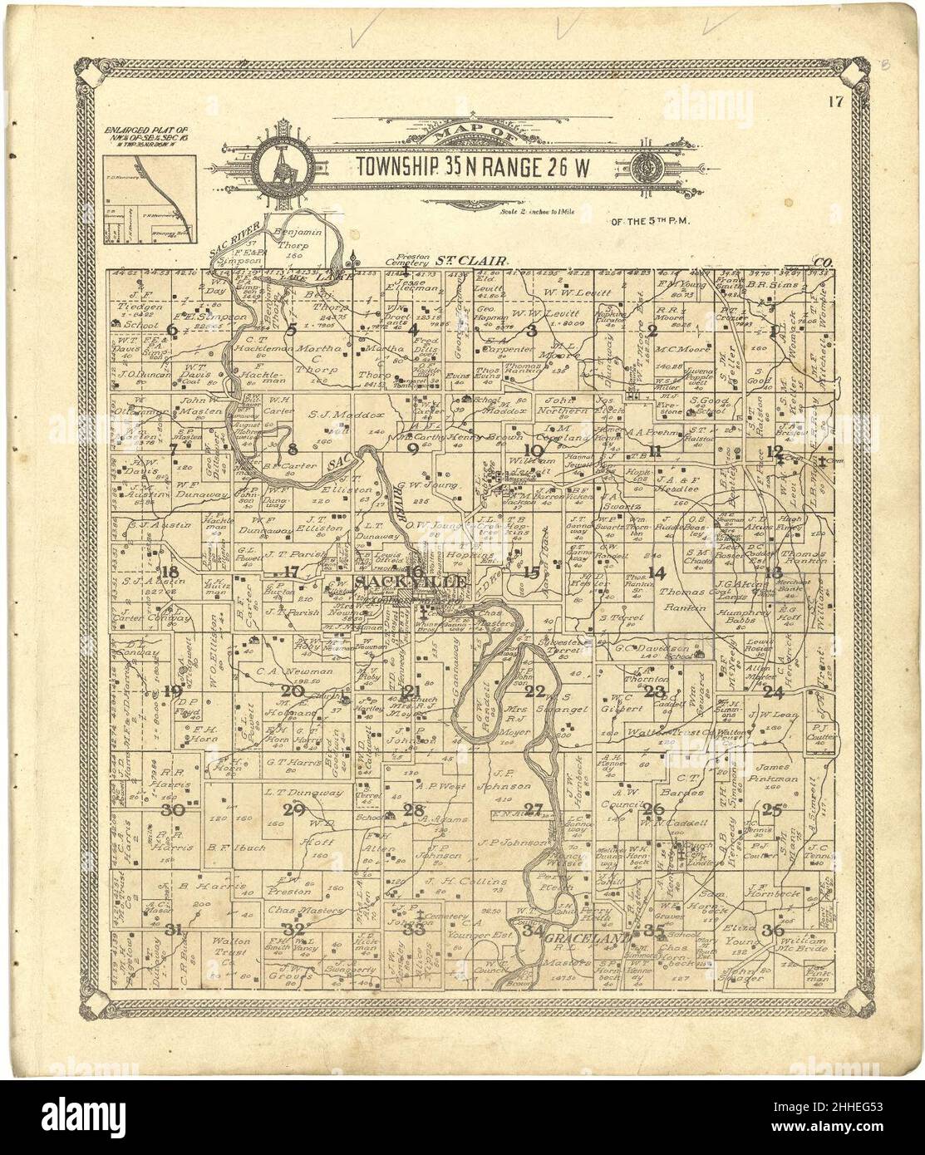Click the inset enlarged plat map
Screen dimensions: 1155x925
pos(150,189)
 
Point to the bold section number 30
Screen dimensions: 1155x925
pos(173,810)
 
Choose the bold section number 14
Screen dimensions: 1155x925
pos(657,572)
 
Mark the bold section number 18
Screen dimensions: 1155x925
pos(172,571)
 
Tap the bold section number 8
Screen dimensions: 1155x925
pos(292,450)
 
